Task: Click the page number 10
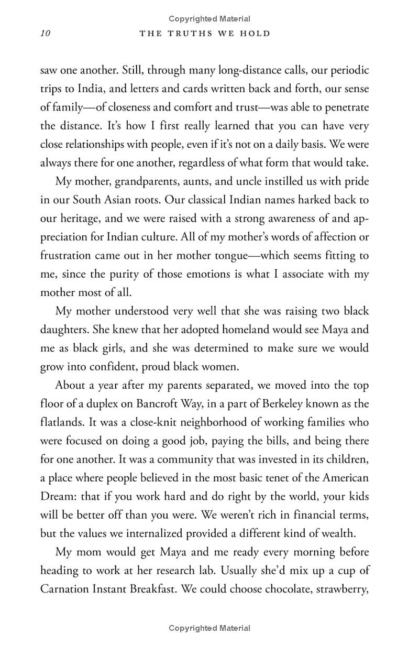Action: click(45, 34)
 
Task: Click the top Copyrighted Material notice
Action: click(210, 19)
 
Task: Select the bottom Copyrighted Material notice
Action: click(210, 628)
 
